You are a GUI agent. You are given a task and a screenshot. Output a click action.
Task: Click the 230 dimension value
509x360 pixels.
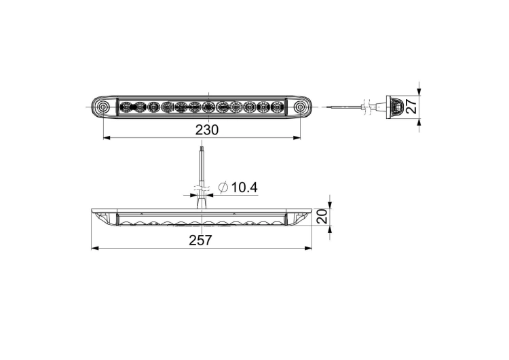(x=207, y=130)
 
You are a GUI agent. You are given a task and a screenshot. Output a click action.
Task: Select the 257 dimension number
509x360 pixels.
(x=200, y=240)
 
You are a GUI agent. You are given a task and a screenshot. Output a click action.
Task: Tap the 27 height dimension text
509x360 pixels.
(x=411, y=106)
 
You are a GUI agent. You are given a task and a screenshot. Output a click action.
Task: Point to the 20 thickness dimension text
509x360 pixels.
(x=322, y=216)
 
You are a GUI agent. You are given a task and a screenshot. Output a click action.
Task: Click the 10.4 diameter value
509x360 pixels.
(x=244, y=187)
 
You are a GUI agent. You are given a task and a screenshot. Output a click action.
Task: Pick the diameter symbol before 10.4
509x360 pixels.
(x=223, y=187)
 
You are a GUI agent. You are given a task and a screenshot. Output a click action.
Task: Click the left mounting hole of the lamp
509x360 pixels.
(x=103, y=107)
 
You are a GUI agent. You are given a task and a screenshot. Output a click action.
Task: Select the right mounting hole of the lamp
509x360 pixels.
(x=300, y=107)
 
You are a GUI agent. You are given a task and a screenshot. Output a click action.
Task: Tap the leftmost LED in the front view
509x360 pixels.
(x=125, y=107)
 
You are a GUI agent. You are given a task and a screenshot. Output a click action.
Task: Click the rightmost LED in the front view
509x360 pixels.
(x=276, y=107)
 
